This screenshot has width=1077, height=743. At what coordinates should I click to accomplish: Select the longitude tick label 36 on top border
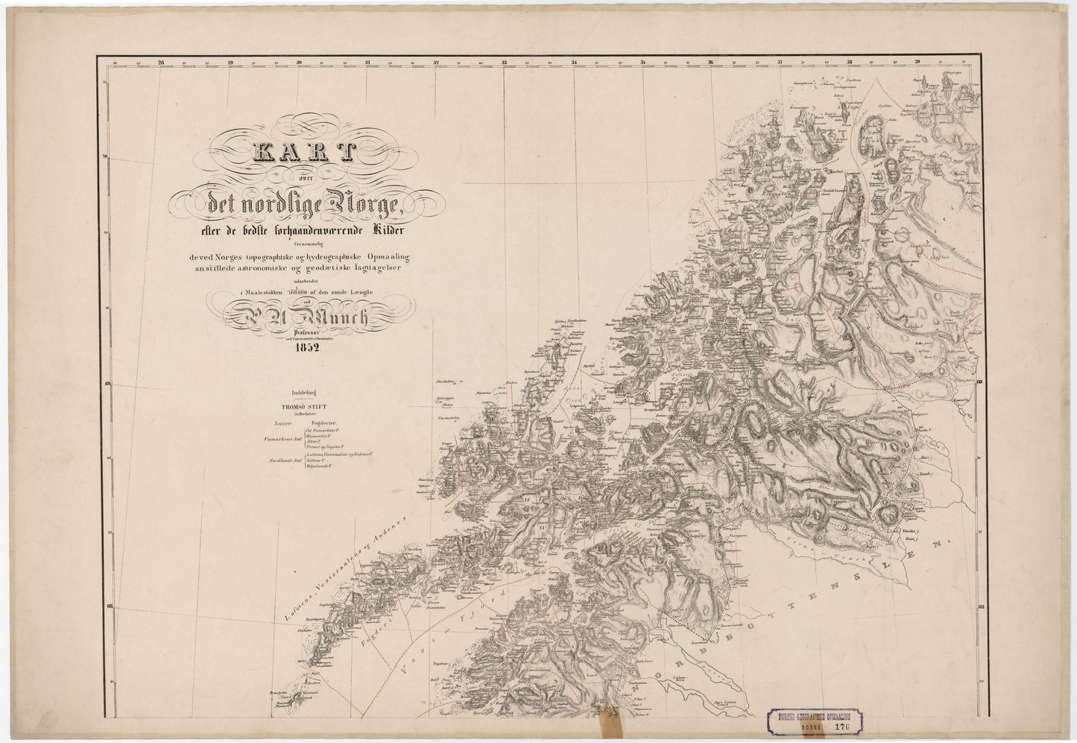710,63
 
